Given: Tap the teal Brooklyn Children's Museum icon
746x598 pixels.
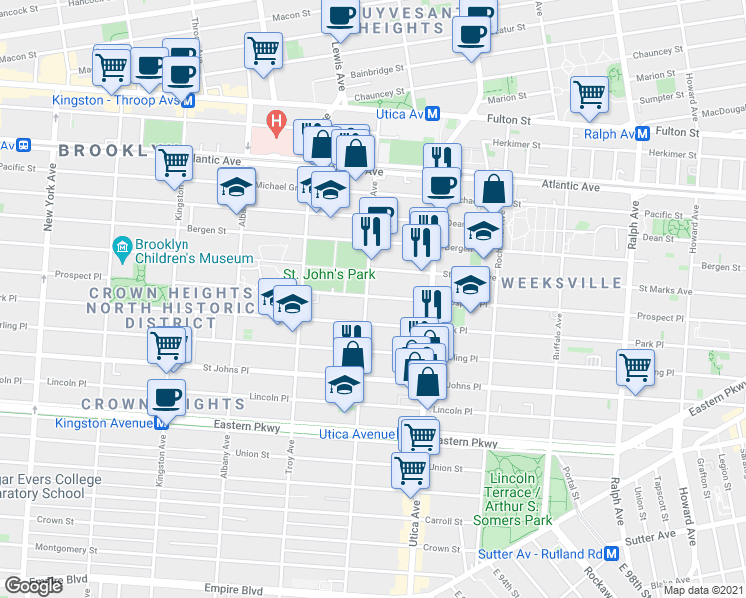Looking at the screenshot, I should (120, 245).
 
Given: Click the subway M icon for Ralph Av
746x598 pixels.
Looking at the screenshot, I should (643, 132).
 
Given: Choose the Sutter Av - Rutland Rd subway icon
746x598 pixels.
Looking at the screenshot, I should (611, 554).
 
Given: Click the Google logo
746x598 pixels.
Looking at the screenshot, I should (34, 585).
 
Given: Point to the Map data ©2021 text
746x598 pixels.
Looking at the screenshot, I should (703, 590).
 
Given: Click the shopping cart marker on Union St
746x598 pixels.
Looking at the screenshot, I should (410, 470).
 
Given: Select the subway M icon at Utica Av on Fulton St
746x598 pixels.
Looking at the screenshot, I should (432, 114).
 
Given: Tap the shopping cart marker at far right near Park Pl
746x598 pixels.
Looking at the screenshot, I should (635, 366).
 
